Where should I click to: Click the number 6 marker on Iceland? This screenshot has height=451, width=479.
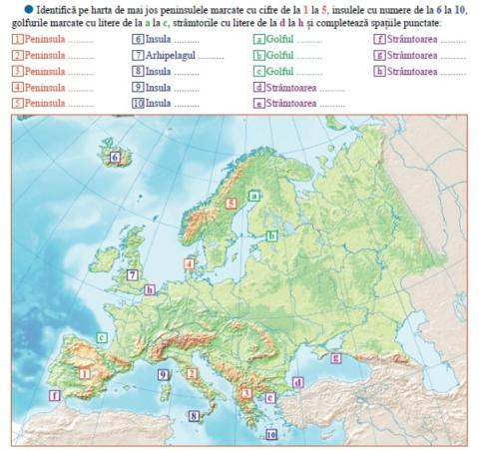(x=116, y=157)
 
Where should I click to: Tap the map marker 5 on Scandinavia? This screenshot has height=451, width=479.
(x=231, y=203)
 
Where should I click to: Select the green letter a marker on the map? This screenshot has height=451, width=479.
(x=256, y=197)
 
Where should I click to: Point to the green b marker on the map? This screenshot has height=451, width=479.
(x=271, y=236)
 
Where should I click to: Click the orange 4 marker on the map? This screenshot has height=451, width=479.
(x=189, y=263)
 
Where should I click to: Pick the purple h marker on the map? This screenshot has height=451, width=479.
(x=150, y=289)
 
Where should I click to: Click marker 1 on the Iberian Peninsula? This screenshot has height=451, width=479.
(x=85, y=373)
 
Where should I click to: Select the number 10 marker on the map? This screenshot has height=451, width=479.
(x=271, y=435)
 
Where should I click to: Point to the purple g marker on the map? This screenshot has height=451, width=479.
(x=335, y=357)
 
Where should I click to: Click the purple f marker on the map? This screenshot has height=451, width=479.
(x=55, y=395)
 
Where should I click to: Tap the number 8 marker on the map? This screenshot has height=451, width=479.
(x=195, y=416)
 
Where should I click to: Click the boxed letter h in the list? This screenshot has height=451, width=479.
(x=380, y=72)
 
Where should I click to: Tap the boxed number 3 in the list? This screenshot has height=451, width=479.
(x=18, y=72)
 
